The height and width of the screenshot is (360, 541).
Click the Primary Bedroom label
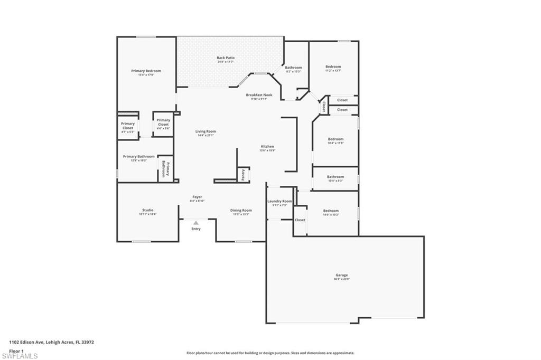pos(146,71)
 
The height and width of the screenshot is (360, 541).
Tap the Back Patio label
pos(226,58)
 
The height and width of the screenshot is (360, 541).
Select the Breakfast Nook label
pos(259,95)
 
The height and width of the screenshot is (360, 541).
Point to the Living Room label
pos(206,131)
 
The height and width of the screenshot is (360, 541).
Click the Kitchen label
pos(267,147)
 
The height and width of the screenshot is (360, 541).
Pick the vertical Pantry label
pos(243,175)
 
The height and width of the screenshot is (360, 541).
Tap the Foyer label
pos(197,197)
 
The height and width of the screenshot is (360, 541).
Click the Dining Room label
pos(241,211)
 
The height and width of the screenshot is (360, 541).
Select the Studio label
pos(147,210)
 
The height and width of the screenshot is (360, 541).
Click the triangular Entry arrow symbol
pos(196,223)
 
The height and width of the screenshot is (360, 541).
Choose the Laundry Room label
pos(279,201)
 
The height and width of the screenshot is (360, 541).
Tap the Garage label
pos(342,275)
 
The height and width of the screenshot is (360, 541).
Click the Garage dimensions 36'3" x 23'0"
pos(342,279)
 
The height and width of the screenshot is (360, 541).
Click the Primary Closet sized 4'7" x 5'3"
pos(128,126)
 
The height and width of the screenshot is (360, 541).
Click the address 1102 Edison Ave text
pos(51,342)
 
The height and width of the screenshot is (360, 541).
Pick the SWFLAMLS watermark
pos(20,356)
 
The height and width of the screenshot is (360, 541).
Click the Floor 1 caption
pos(16,350)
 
